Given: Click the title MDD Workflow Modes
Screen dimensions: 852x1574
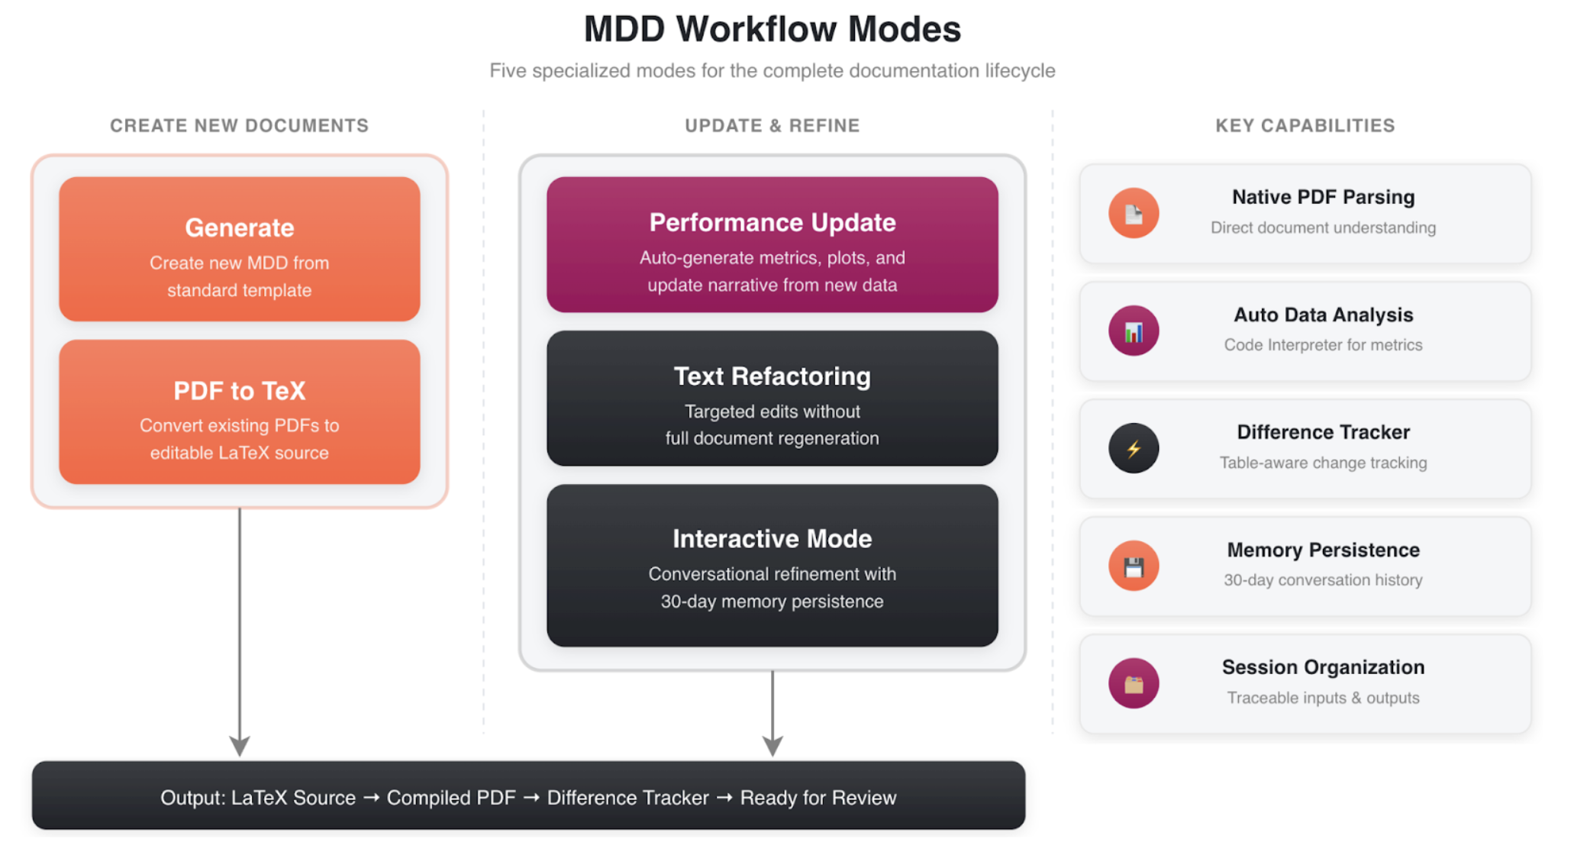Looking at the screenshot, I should [x=772, y=29].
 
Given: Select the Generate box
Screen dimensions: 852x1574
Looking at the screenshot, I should [x=239, y=249].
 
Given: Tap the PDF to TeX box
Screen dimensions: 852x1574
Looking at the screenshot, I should [x=239, y=412].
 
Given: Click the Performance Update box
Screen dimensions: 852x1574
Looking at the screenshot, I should [x=772, y=244].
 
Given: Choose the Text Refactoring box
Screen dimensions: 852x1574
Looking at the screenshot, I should [x=772, y=398].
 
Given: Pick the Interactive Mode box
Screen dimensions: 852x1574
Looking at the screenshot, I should [x=772, y=565].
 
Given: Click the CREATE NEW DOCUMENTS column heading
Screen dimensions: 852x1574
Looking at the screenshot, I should [x=239, y=125].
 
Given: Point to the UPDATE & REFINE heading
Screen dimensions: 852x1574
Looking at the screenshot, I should [x=772, y=125].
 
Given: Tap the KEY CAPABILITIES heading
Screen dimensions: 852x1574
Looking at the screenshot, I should [x=1305, y=125].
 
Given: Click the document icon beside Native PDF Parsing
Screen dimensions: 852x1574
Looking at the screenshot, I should [x=1134, y=213].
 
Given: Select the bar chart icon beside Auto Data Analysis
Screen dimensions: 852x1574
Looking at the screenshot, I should [x=1134, y=331].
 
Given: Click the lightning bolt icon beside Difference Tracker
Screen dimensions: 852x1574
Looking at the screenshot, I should [x=1134, y=448].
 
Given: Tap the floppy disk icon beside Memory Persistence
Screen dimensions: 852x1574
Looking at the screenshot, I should [x=1134, y=566].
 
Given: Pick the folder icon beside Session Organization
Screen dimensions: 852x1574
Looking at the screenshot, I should [x=1134, y=683].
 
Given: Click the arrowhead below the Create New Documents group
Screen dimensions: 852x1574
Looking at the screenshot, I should [x=240, y=745].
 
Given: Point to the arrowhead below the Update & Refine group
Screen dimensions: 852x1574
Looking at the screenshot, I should [x=772, y=745].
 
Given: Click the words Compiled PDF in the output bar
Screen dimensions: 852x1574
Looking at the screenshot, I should [x=451, y=798].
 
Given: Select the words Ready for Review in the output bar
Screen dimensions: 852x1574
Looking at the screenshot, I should [x=818, y=798].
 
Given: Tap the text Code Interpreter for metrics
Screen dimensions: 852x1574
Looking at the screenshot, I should [x=1323, y=345].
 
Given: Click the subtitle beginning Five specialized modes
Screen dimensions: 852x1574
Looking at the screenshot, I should [x=772, y=71].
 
